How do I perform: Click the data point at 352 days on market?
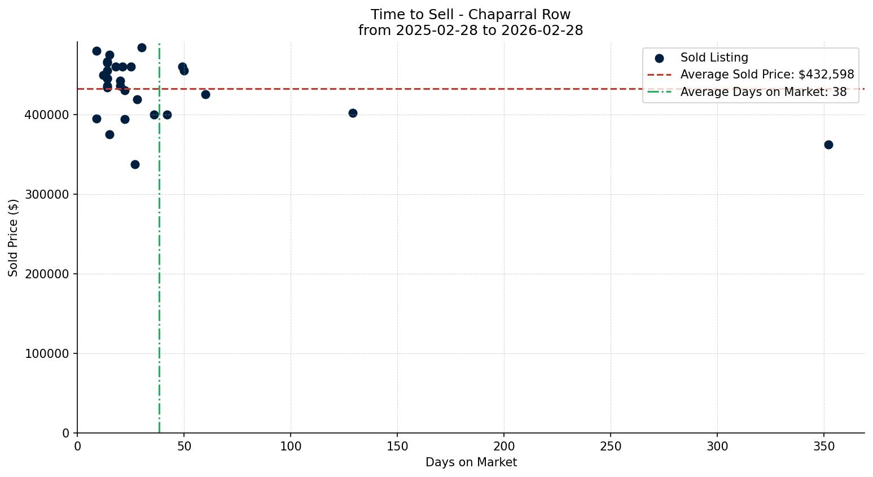[828, 145]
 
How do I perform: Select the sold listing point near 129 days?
[353, 113]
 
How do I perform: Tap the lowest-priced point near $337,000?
[135, 164]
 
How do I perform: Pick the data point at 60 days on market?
[205, 94]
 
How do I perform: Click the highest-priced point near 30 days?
[142, 47]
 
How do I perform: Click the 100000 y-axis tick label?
[47, 354]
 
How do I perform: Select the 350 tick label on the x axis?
[824, 447]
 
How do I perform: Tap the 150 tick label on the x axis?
[397, 447]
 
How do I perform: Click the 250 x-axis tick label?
[611, 447]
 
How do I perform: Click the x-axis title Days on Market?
[471, 462]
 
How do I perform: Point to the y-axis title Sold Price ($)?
[14, 238]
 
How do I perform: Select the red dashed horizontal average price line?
[395, 89]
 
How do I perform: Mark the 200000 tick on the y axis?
[47, 274]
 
